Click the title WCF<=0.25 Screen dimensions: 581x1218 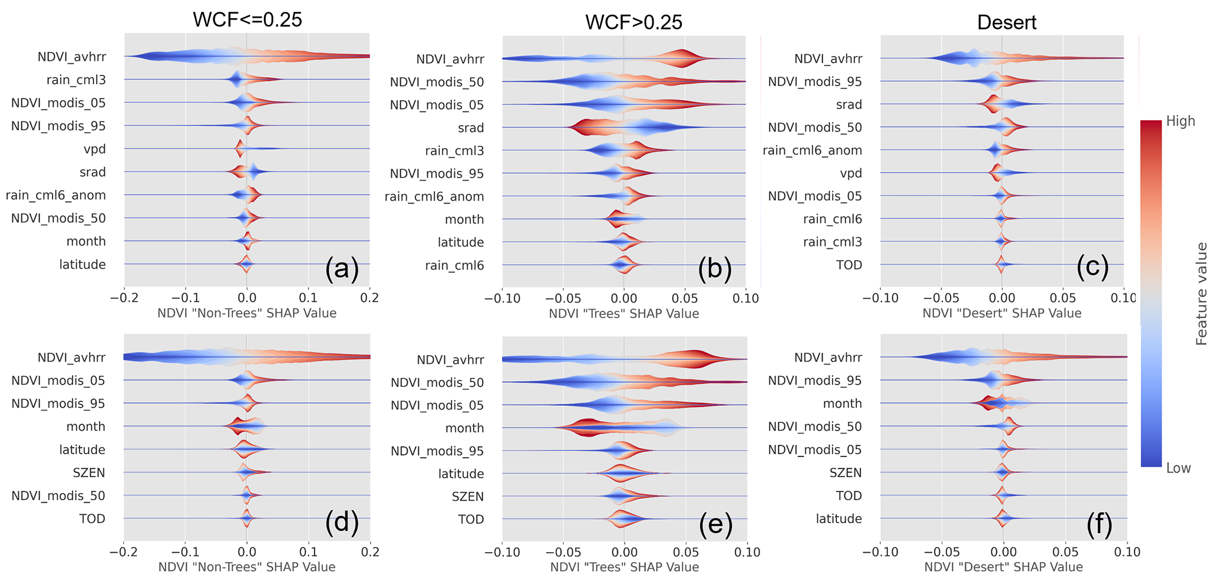(x=247, y=19)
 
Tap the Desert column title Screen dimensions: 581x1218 (x=1006, y=22)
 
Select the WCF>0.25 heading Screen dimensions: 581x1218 (x=633, y=22)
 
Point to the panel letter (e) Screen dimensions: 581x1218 (x=715, y=523)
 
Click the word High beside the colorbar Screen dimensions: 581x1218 (x=1180, y=122)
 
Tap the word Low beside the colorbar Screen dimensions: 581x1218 (x=1179, y=468)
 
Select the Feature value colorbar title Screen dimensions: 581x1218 (x=1202, y=293)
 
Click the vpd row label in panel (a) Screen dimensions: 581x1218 (x=94, y=149)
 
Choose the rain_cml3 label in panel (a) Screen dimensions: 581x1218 (x=76, y=80)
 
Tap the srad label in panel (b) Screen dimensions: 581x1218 (x=471, y=128)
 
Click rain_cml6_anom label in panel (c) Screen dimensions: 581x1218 (x=812, y=150)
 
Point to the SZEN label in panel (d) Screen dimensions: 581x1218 (x=89, y=473)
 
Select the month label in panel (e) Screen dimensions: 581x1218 (x=464, y=428)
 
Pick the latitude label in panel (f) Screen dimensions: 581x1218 (x=839, y=519)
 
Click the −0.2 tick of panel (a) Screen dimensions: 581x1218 (x=124, y=298)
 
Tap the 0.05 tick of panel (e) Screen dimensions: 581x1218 (x=686, y=553)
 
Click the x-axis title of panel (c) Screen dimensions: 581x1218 (x=1002, y=313)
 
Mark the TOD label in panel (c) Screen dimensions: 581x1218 (x=849, y=265)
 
